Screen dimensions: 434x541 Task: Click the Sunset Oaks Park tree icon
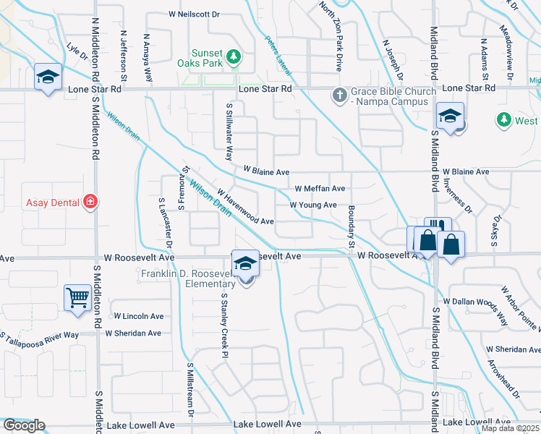point(233,56)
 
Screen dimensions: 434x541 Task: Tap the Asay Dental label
point(52,203)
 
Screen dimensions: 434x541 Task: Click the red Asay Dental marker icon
point(90,202)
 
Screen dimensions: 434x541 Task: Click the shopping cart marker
point(77,297)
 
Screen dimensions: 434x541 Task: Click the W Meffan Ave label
point(319,188)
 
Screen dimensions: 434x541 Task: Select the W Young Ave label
point(313,205)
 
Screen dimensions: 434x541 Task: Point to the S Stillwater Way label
point(229,130)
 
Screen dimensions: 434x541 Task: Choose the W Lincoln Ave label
point(139,316)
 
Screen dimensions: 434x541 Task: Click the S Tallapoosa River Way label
point(40,335)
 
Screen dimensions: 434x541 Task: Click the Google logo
point(24,425)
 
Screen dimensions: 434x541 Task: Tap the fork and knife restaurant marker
point(438,230)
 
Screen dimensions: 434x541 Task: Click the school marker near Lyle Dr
point(48,77)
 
